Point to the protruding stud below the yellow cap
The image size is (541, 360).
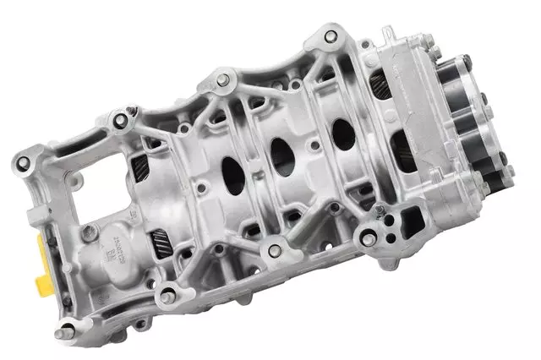(x=61, y=333)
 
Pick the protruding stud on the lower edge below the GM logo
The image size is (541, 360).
(x=167, y=295)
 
